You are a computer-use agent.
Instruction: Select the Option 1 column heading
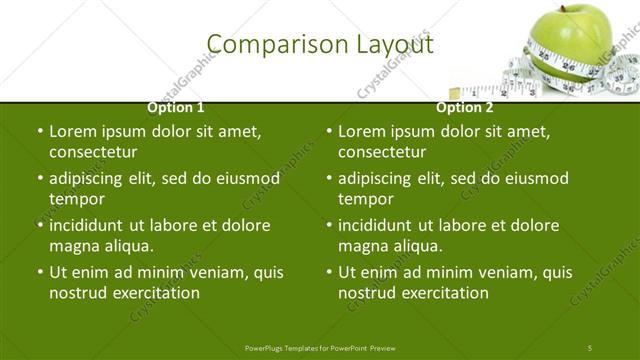176,107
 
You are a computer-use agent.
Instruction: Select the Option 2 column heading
465,107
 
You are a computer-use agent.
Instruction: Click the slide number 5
590,347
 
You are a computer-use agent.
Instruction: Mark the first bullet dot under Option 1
40,131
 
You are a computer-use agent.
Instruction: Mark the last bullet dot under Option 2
329,272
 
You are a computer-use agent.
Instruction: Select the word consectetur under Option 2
382,152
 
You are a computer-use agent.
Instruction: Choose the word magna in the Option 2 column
363,245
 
